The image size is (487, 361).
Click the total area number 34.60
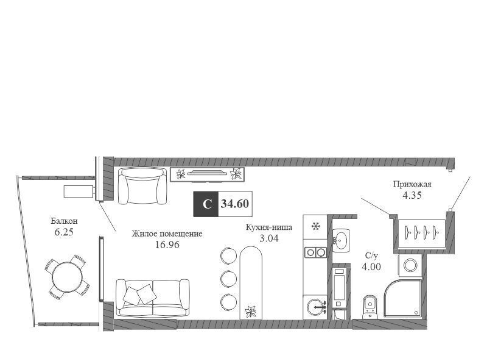pyautogui.click(x=235, y=204)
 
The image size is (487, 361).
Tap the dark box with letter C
pyautogui.click(x=206, y=204)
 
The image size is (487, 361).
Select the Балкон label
pyautogui.click(x=65, y=221)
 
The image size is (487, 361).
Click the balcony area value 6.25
pyautogui.click(x=64, y=232)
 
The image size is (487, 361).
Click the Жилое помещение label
pyautogui.click(x=167, y=234)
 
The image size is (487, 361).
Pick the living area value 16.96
pyautogui.click(x=167, y=245)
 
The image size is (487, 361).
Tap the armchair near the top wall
pyautogui.click(x=142, y=185)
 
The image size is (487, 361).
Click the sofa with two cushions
pyautogui.click(x=153, y=298)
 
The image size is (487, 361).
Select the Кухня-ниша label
pyautogui.click(x=269, y=227)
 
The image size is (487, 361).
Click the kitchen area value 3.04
pyautogui.click(x=269, y=238)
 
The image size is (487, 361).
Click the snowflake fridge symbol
pyautogui.click(x=316, y=226)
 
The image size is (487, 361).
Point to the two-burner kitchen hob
pyautogui.click(x=315, y=252)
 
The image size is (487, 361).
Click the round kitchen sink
pyautogui.click(x=315, y=307)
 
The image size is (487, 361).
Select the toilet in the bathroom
pyautogui.click(x=370, y=307)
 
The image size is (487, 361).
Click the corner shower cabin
pyautogui.click(x=403, y=298)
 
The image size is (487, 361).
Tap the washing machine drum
pyautogui.click(x=410, y=265)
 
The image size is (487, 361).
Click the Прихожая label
pyautogui.click(x=412, y=184)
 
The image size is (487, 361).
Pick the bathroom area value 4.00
pyautogui.click(x=371, y=266)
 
